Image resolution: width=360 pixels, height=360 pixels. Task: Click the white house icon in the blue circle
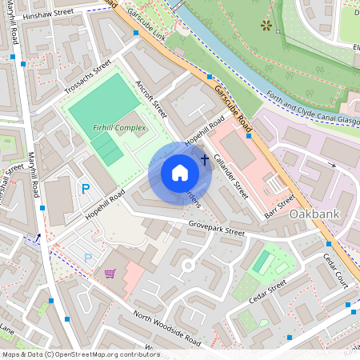click(180, 173)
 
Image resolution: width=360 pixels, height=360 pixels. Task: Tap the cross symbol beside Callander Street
click(204, 160)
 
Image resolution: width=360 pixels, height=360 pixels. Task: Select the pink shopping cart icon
click(110, 274)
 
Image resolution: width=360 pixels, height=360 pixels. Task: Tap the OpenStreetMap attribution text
click(80, 354)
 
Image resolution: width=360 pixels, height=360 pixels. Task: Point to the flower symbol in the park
click(266, 26)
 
